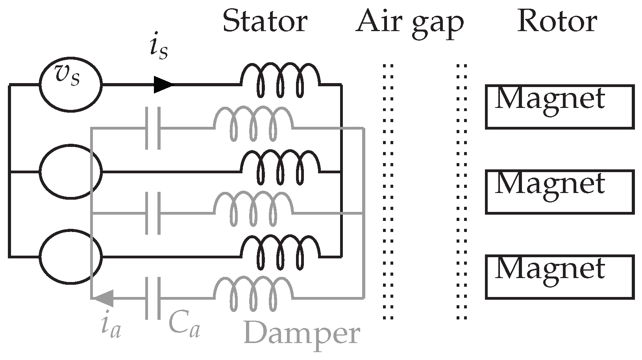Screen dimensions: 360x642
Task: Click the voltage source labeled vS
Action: tap(70, 84)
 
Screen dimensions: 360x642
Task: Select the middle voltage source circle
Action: tap(71, 171)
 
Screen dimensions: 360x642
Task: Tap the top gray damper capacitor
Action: tap(153, 128)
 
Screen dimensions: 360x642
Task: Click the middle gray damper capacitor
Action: tap(153, 213)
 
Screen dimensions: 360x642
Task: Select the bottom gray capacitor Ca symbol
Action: tap(153, 298)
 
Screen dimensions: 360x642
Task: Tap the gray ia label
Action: tap(111, 327)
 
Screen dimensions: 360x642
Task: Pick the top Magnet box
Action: tap(559, 107)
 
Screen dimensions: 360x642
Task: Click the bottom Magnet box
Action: tap(559, 277)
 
